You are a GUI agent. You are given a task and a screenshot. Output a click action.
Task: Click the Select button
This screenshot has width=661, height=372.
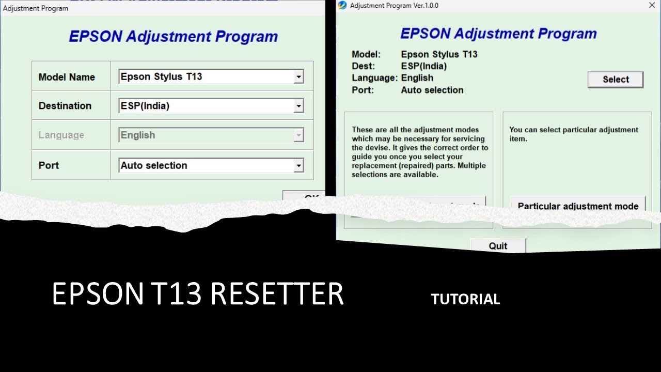pyautogui.click(x=616, y=80)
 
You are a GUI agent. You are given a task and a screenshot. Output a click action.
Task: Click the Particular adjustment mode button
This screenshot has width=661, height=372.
pyautogui.click(x=578, y=206)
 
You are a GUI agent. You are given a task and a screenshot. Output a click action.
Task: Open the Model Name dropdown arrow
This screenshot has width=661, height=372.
pyautogui.click(x=298, y=77)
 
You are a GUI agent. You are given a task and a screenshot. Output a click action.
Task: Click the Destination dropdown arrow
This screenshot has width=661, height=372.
pyautogui.click(x=298, y=106)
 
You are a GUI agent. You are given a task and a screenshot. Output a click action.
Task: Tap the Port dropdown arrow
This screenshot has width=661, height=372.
pyautogui.click(x=298, y=166)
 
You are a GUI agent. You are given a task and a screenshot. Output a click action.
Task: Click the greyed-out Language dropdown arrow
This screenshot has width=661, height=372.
pyautogui.click(x=298, y=135)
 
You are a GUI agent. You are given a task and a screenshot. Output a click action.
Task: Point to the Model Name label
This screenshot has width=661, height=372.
pyautogui.click(x=67, y=78)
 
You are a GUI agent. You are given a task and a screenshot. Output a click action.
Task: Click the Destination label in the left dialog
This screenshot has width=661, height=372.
pyautogui.click(x=65, y=106)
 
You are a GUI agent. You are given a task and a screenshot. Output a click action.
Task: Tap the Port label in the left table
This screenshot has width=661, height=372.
pyautogui.click(x=49, y=166)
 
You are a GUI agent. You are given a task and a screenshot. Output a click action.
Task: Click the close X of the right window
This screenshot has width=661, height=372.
pyautogui.click(x=652, y=6)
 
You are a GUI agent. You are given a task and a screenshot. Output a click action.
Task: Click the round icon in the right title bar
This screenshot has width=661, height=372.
pyautogui.click(x=342, y=6)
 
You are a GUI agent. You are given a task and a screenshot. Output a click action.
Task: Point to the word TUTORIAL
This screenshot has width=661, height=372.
pyautogui.click(x=465, y=300)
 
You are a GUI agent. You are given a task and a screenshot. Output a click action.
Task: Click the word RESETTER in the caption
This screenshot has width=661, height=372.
pyautogui.click(x=277, y=295)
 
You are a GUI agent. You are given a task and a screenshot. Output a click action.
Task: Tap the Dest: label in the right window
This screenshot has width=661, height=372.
pyautogui.click(x=364, y=66)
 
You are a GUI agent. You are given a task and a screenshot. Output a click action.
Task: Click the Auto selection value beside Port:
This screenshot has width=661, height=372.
pyautogui.click(x=432, y=90)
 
